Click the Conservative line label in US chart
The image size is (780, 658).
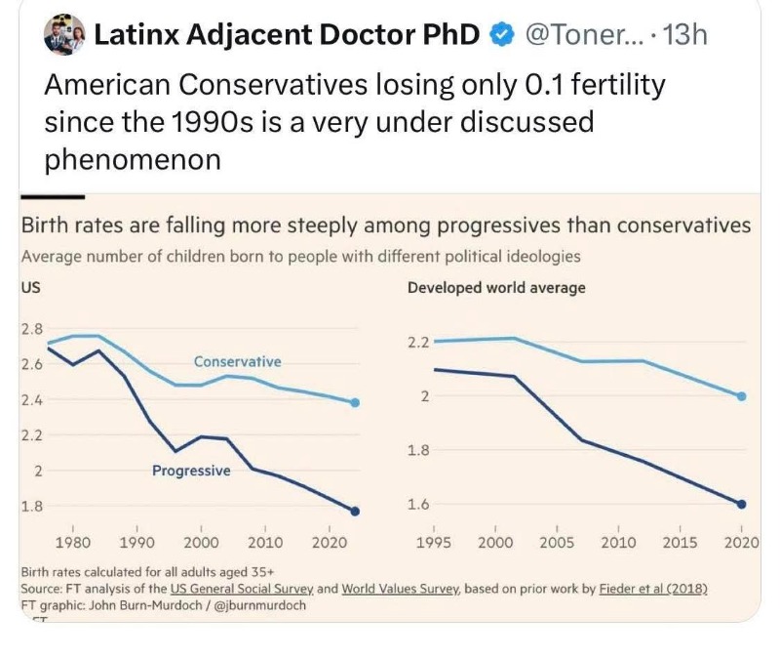(x=237, y=361)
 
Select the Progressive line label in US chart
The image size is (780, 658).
(x=191, y=471)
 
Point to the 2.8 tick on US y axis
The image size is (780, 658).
(x=31, y=328)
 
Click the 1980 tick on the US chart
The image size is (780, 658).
(x=73, y=543)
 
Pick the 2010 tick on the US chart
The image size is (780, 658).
(x=265, y=543)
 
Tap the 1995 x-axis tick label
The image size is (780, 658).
(x=433, y=543)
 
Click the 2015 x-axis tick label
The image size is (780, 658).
(x=680, y=543)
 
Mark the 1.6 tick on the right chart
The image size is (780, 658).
(x=418, y=504)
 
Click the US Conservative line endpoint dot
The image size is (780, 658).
(x=354, y=402)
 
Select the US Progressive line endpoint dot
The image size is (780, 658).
(x=354, y=511)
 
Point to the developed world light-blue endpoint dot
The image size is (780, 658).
(x=742, y=396)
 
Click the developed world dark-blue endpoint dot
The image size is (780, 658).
(x=742, y=504)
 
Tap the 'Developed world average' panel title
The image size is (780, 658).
(x=496, y=288)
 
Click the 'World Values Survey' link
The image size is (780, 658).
(x=401, y=589)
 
